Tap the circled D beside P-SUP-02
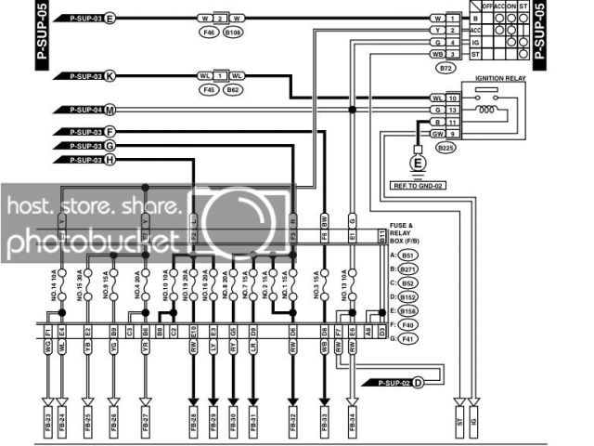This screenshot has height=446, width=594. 418,382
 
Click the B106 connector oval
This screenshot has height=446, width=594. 234,33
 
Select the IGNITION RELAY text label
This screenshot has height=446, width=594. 500,79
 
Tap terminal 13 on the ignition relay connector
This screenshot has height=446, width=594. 453,110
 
